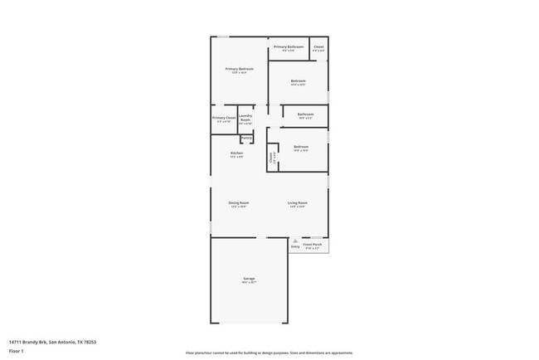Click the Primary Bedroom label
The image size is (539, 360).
click(239, 68)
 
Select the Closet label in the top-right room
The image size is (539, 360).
click(318, 47)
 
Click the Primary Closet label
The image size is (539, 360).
click(223, 118)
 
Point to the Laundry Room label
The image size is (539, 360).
click(245, 118)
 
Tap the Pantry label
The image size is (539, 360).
click(246, 137)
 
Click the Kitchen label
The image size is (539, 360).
click(236, 153)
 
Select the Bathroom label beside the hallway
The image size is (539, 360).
click(305, 114)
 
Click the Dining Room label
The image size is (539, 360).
click(239, 202)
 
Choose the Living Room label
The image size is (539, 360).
click(298, 202)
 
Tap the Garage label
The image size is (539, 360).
click(249, 279)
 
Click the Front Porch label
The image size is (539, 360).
click(312, 245)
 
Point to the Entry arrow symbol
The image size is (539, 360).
click(294, 241)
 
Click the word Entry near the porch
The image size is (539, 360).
click(294, 246)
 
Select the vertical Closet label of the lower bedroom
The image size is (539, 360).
click(272, 155)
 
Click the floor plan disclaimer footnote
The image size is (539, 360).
click(269, 353)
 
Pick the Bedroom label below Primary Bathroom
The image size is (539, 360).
click(299, 80)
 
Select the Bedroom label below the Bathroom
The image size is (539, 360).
click(300, 147)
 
